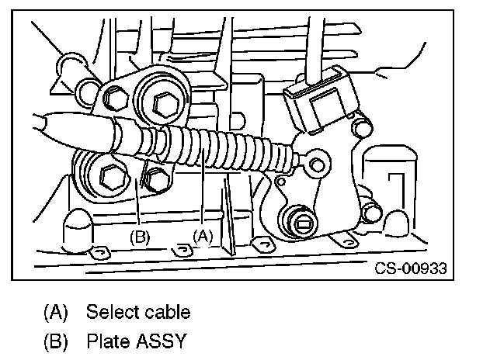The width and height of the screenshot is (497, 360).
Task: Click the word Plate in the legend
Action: [105, 341]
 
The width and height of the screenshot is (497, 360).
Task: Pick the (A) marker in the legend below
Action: [55, 313]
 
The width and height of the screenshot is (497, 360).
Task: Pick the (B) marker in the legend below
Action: [55, 341]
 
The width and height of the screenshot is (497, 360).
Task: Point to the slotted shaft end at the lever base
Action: [303, 224]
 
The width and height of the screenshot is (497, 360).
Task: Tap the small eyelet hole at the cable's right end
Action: [315, 164]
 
